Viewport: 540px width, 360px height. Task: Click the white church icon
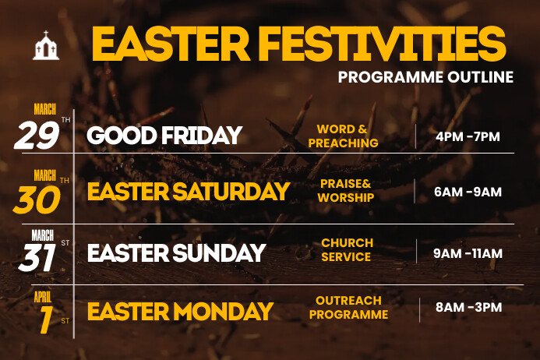point(46,46)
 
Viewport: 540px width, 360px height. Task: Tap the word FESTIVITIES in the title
point(384,44)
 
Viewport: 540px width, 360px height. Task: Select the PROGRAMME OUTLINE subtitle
point(425,77)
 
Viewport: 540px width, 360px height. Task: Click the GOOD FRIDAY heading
point(164,136)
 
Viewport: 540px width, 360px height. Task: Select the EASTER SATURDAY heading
point(188,192)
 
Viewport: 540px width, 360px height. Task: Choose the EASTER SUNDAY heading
point(176,252)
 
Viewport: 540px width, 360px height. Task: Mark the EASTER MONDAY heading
point(180,312)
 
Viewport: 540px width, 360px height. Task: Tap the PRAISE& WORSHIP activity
point(346,191)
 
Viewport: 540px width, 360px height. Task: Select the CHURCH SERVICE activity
point(347,250)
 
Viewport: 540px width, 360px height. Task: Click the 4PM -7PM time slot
point(468,137)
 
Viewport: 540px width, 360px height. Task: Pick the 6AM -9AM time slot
point(468,192)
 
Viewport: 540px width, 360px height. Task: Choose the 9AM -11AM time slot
point(468,253)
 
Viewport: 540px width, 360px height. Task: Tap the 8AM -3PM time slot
point(468,307)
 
